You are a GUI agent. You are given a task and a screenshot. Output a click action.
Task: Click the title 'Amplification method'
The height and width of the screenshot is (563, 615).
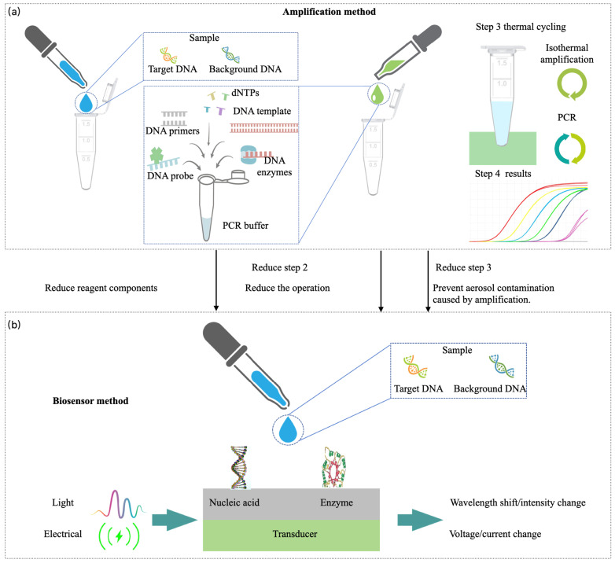point(329,12)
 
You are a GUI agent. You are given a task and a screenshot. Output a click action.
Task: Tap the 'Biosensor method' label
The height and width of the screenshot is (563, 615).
point(90,401)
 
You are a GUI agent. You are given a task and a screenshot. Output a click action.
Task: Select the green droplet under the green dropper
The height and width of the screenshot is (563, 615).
point(378,94)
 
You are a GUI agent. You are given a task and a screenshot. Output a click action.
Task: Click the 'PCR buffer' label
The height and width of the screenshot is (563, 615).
point(245,226)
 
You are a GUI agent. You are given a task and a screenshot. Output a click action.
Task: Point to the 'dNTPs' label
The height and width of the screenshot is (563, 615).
point(245,93)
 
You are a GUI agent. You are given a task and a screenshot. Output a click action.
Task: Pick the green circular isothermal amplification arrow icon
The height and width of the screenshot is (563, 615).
point(572,85)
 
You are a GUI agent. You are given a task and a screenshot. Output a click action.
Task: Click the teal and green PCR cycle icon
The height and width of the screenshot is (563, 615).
point(570,149)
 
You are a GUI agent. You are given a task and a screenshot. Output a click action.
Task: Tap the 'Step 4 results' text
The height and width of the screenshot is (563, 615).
point(503,174)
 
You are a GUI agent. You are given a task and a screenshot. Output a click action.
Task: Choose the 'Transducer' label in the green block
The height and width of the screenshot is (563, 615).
point(295,534)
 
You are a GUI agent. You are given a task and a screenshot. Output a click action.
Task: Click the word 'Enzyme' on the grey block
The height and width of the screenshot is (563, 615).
point(337,502)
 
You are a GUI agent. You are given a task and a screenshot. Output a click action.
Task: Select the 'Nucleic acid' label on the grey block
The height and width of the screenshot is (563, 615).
point(234,502)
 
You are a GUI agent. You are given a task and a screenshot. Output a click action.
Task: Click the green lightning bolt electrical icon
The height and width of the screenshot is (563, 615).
point(120,535)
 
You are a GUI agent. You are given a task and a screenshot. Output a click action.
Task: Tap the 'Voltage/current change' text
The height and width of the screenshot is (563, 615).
point(495,534)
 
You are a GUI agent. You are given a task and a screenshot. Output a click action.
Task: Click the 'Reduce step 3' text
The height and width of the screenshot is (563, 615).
point(463,267)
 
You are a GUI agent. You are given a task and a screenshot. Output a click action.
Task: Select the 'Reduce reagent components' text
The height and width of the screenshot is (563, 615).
point(101,288)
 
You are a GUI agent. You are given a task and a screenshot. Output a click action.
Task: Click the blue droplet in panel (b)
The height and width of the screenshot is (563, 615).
point(289,429)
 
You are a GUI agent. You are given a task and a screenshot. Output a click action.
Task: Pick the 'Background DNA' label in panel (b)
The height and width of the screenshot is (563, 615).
point(489,388)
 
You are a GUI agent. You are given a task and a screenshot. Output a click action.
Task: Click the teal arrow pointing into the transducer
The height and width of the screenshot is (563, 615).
point(175,520)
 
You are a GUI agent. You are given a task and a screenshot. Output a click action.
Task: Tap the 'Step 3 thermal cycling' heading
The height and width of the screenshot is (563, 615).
point(521,27)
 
